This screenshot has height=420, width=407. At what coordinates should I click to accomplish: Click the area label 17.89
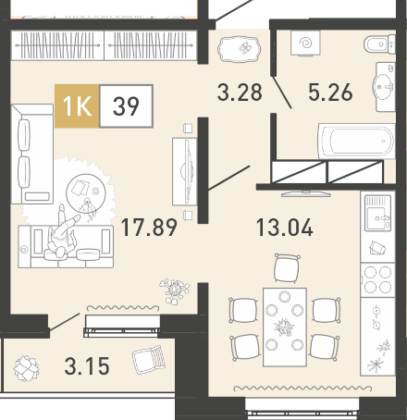(x=149, y=228)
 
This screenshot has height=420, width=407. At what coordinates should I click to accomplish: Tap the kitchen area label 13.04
(x=285, y=228)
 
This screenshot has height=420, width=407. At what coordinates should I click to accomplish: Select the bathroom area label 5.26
(x=330, y=92)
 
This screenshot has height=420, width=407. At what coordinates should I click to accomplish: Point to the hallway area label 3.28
(x=240, y=92)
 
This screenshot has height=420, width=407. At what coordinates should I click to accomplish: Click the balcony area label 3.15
(x=87, y=365)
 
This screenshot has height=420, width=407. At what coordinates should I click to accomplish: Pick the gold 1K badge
(x=77, y=105)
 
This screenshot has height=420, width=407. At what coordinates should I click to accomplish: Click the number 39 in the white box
(x=126, y=105)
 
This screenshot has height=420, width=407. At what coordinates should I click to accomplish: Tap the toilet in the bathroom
(x=379, y=44)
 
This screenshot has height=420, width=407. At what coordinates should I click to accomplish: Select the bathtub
(x=357, y=141)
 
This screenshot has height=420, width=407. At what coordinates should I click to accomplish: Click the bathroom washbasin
(x=384, y=87)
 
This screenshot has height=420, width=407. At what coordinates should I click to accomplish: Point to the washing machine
(x=305, y=43)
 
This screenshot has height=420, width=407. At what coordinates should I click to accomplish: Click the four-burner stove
(x=377, y=279)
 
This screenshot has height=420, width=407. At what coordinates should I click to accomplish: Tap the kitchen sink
(x=377, y=214)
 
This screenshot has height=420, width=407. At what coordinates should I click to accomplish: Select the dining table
(x=285, y=327)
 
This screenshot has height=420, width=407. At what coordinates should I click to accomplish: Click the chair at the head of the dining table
(x=287, y=268)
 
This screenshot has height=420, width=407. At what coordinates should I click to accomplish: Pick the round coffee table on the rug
(x=86, y=193)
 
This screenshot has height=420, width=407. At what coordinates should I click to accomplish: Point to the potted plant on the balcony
(x=26, y=368)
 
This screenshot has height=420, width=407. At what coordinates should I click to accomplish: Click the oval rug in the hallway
(x=239, y=49)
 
